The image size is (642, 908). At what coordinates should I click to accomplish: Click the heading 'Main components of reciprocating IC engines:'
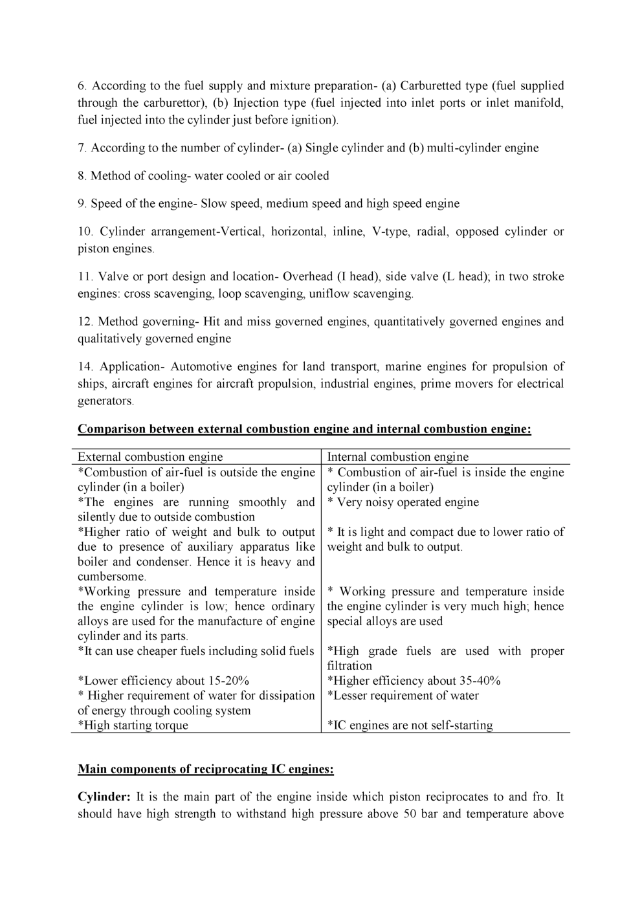coord(206,769)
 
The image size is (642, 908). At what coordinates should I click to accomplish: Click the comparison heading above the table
coord(304,428)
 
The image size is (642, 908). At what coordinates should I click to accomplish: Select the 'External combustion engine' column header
coord(150,457)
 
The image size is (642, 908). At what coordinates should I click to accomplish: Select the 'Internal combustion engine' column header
coord(397,457)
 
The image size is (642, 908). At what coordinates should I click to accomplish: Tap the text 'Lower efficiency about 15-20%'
coord(163,681)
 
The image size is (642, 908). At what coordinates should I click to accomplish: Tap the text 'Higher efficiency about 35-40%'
coord(414,681)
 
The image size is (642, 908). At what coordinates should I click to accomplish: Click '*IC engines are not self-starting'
coord(410,725)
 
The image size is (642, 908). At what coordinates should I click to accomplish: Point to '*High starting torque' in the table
coord(133,725)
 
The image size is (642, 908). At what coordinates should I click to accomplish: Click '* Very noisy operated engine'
coord(403,502)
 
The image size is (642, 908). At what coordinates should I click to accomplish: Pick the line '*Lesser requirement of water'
coord(403,696)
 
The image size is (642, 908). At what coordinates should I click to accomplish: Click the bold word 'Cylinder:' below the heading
coord(104,797)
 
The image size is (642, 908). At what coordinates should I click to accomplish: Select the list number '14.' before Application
coord(85,367)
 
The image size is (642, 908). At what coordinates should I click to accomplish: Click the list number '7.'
coord(82,148)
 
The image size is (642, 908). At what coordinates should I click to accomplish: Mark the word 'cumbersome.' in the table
coord(112,577)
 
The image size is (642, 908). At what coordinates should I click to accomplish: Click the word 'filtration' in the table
coord(349,666)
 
